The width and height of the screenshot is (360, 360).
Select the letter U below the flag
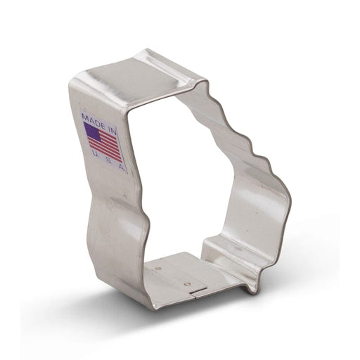click(94, 153)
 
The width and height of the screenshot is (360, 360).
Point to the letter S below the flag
click(108, 161)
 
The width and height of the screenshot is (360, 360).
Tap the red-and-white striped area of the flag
click(107, 145)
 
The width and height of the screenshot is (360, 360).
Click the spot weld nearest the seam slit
click(186, 284)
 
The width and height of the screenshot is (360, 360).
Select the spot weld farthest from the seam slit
click(159, 269)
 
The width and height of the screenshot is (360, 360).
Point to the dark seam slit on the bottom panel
click(198, 290)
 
